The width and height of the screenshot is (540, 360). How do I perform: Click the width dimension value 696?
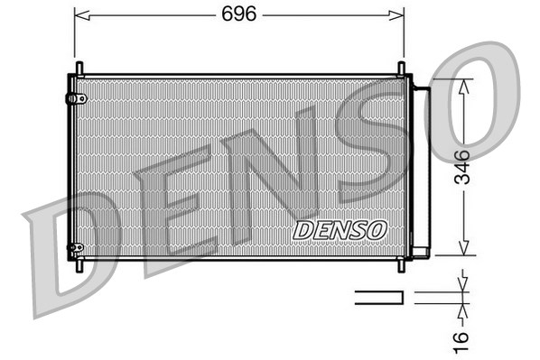point(239,14)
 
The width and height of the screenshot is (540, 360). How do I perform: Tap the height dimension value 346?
point(461,167)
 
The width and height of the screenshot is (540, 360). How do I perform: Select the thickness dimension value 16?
point(461,338)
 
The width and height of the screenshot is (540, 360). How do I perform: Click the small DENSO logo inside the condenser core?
point(340,230)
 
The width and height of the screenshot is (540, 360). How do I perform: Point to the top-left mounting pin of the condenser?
point(79,69)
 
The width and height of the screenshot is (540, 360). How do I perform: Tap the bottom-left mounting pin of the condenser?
point(79,265)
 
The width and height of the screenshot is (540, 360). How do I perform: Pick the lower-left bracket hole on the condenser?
point(78,246)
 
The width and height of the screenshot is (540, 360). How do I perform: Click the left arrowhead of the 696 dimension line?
point(79,14)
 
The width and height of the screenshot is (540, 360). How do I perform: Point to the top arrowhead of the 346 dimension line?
point(463,84)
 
